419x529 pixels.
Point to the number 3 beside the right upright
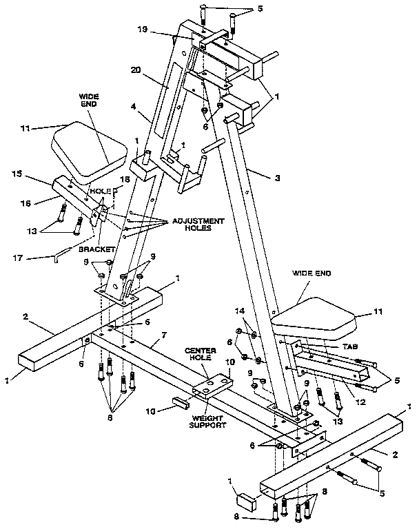tap(276, 177)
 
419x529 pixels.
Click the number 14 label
tap(240, 312)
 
